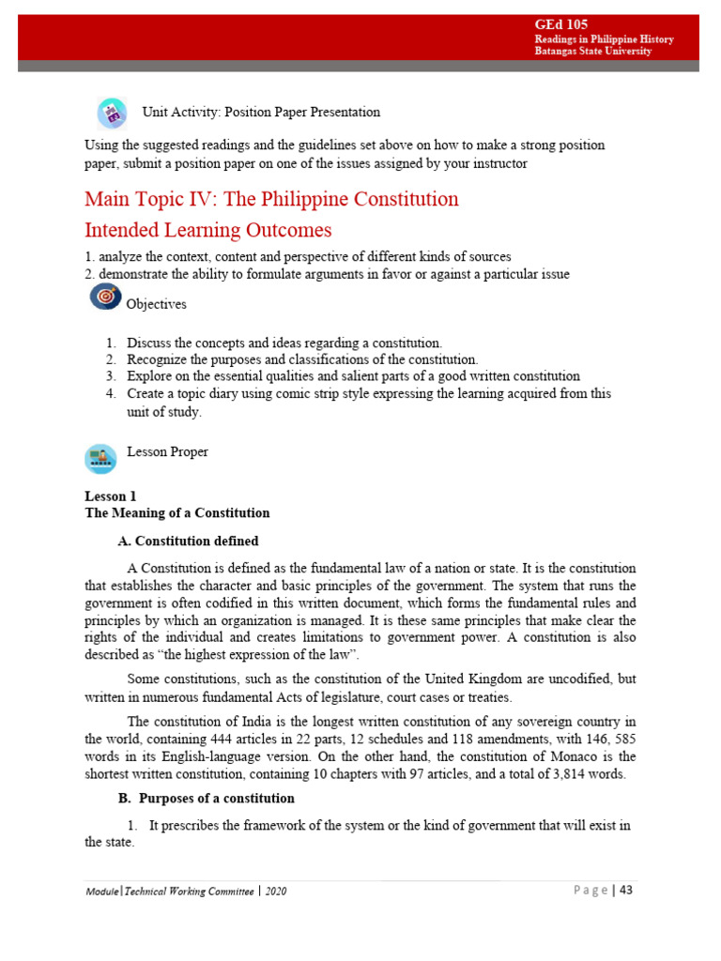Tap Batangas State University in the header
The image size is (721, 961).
coord(592,52)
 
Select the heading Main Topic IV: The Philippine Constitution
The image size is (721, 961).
coord(271,199)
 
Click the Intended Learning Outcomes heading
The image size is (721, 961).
coord(207,230)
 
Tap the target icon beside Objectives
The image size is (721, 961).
coord(104,297)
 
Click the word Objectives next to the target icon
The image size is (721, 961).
coord(156,304)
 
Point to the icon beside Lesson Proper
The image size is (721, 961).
coord(100,458)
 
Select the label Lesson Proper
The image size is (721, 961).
coord(167,452)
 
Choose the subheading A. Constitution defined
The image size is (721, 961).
coord(188,542)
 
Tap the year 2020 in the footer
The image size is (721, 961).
coord(275,891)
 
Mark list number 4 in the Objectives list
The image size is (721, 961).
coord(110,394)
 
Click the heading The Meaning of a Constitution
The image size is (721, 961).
coord(177,512)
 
